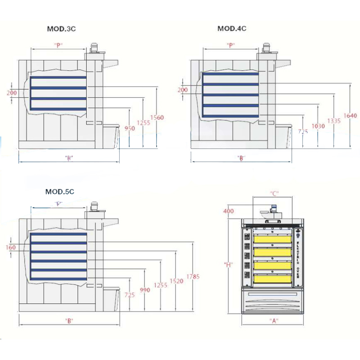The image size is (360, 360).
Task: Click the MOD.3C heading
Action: [61, 29]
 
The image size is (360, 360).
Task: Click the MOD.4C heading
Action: [232, 28]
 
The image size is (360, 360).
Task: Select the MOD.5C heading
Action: [59, 192]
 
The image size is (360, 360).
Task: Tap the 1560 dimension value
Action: [157, 117]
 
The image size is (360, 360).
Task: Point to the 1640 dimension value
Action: [350, 116]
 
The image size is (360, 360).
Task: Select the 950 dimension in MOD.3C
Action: [130, 128]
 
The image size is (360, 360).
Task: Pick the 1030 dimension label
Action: [318, 126]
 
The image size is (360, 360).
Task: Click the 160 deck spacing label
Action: [12, 247]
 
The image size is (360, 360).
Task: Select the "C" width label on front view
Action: [275, 193]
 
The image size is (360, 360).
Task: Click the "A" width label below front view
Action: [273, 321]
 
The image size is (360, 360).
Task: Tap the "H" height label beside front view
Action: [228, 265]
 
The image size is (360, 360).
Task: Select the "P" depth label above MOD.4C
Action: [231, 45]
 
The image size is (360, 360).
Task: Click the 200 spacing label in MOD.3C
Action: [12, 93]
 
